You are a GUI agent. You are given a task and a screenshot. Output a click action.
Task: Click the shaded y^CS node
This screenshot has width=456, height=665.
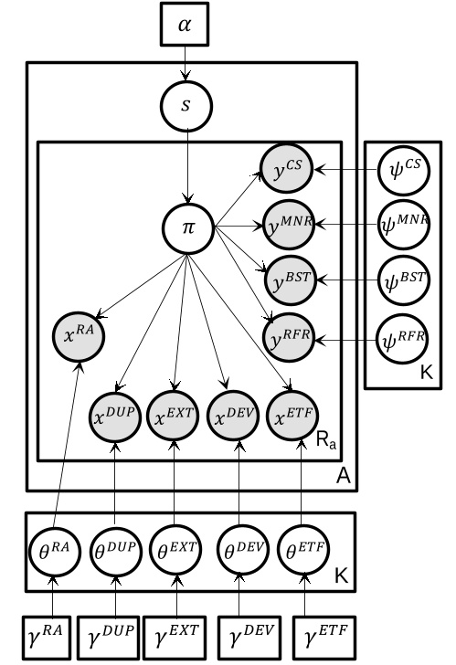pyautogui.click(x=288, y=168)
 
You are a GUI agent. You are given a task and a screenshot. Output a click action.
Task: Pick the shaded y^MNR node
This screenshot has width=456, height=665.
pyautogui.click(x=288, y=224)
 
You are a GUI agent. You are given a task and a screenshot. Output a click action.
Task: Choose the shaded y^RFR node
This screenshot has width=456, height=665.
pyautogui.click(x=288, y=337)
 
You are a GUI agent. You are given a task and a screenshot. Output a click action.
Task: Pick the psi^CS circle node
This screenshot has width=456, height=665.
pyautogui.click(x=401, y=168)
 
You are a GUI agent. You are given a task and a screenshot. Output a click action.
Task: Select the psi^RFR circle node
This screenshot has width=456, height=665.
pyautogui.click(x=401, y=338)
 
